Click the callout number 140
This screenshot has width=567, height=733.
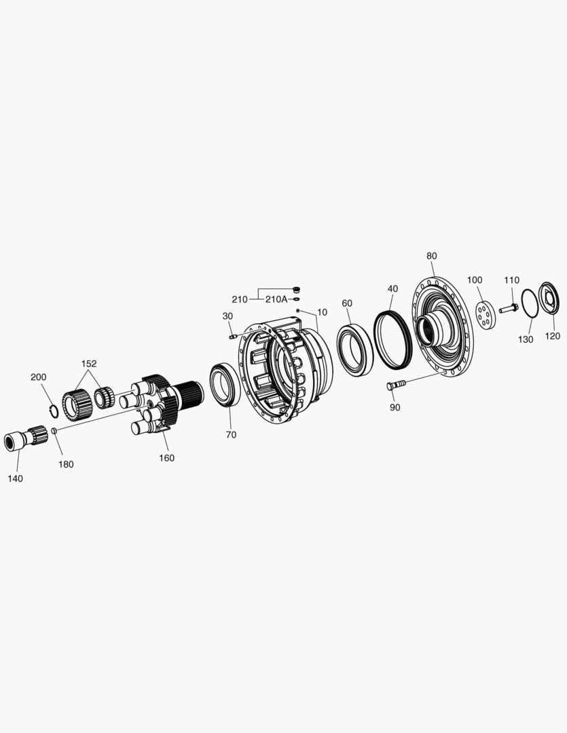click(x=15, y=478)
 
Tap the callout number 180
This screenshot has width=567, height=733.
click(x=66, y=465)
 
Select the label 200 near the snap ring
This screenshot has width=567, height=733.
click(x=39, y=377)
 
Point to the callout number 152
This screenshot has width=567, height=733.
click(x=89, y=364)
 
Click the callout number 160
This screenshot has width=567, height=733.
click(x=166, y=458)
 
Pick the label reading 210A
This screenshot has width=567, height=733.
click(x=275, y=299)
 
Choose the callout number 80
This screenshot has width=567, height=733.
click(x=432, y=256)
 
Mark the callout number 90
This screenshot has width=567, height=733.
click(x=395, y=407)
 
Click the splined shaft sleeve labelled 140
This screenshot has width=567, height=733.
click(x=25, y=438)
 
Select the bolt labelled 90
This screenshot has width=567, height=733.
click(x=396, y=385)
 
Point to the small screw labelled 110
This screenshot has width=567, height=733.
click(x=509, y=308)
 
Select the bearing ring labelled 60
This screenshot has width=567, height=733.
click(x=354, y=350)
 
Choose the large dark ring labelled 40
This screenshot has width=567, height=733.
click(x=393, y=339)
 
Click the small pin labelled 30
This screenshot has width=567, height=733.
click(x=233, y=336)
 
